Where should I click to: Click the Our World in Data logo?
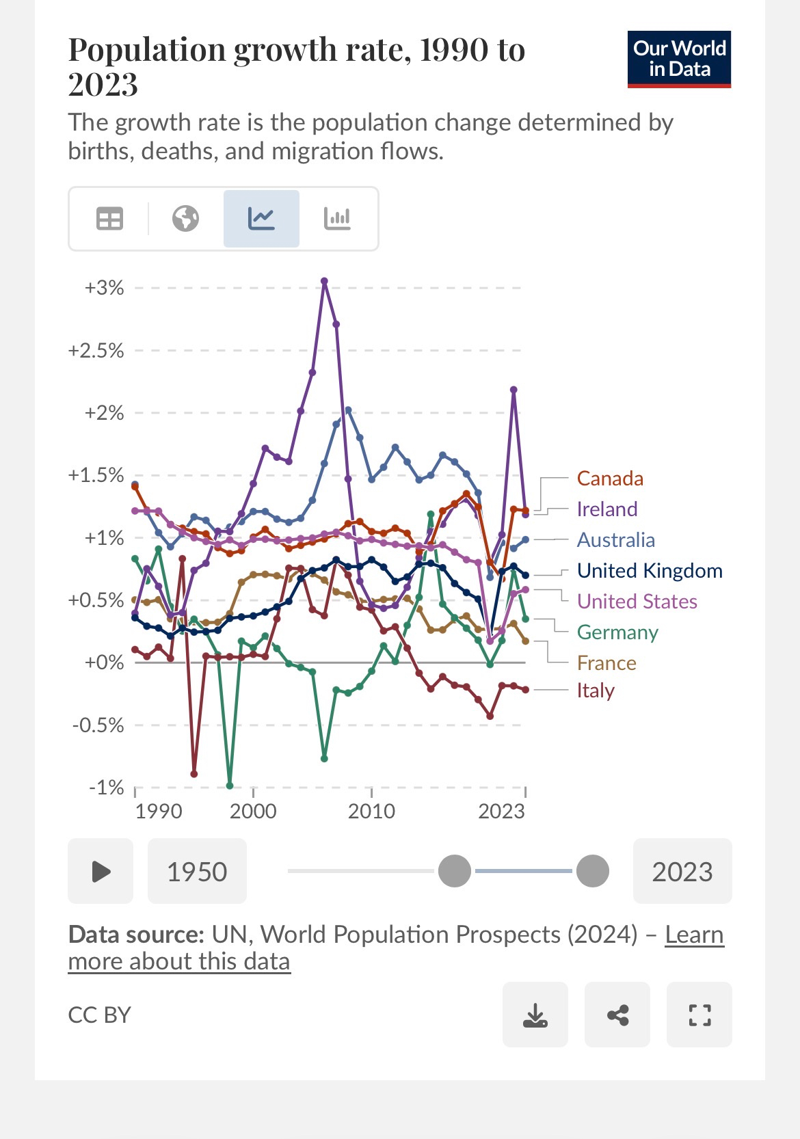679,59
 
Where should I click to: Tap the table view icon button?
109,219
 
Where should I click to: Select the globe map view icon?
185,219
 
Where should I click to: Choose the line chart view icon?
261,219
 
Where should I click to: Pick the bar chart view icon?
337,219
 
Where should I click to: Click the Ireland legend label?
607,509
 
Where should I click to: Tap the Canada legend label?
610,479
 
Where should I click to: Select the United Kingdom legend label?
650,571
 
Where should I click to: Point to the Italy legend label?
596,691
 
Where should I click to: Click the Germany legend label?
617,632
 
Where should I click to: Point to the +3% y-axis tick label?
104,288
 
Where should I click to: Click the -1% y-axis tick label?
106,788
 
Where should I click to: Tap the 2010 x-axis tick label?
371,812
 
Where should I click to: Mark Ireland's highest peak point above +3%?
324,281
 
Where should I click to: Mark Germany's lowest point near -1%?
230,786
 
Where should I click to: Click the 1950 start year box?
197,872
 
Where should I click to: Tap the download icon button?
535,1015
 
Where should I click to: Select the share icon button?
617,1015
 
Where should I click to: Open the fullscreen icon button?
699,1015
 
